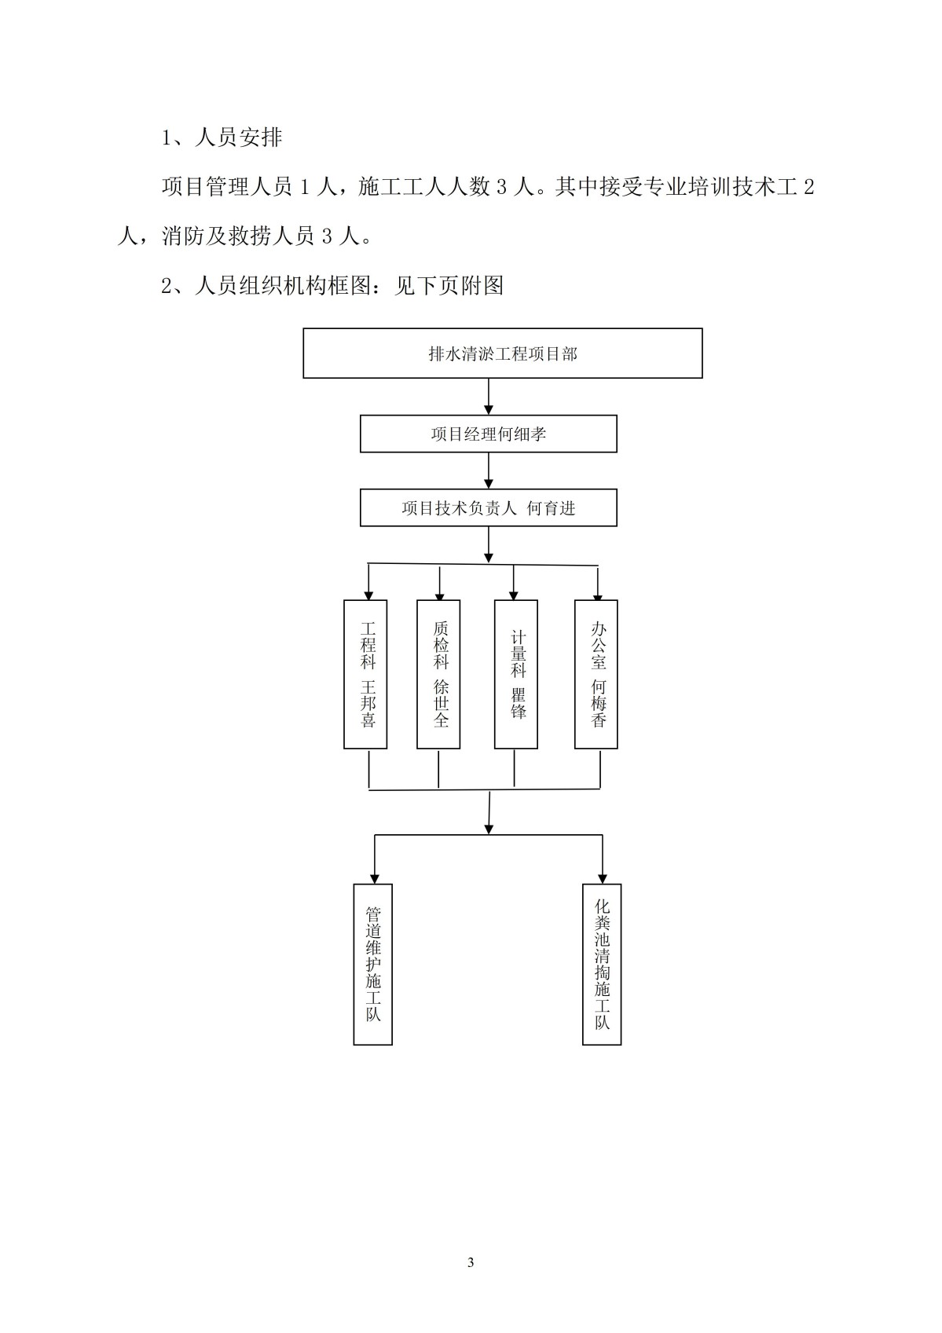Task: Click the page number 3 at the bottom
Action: point(471,1262)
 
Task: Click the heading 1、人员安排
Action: point(222,137)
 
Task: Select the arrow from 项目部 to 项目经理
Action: point(489,397)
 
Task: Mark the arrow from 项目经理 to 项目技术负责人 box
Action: point(489,471)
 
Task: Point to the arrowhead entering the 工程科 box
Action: point(369,595)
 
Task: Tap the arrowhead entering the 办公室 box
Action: point(598,595)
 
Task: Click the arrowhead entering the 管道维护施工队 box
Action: point(374,879)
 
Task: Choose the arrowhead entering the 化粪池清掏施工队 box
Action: point(603,879)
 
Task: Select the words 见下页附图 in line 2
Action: point(449,286)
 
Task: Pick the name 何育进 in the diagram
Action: point(551,508)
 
